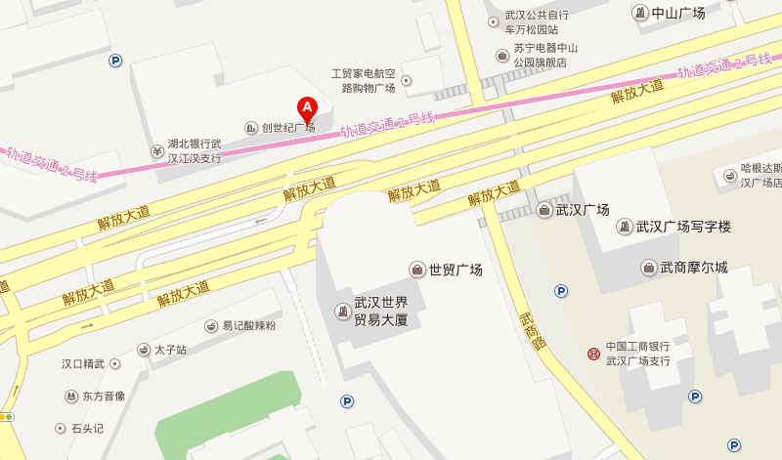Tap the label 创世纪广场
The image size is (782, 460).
coord(287,128)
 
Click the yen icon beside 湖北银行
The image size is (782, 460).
coord(156,150)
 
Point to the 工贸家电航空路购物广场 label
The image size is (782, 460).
coord(363,80)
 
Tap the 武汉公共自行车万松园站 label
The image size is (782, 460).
coord(537,22)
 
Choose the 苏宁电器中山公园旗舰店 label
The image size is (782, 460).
coord(546,55)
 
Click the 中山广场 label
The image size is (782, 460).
coord(678,13)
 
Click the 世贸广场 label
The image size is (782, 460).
coord(456,270)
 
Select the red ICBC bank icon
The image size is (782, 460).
coord(592,353)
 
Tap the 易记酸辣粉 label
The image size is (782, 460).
coord(248,325)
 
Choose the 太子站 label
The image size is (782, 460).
coord(169,349)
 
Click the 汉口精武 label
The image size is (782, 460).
coord(83,364)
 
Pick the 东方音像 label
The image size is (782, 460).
coord(104,397)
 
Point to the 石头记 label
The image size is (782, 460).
coord(87,429)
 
